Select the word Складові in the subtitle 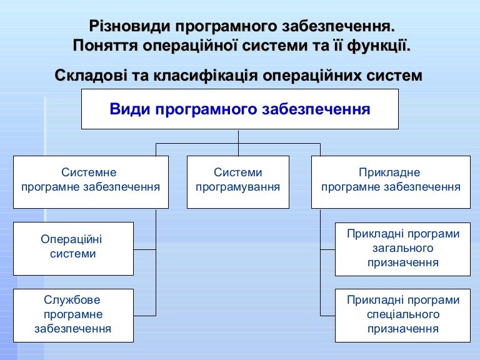click(x=91, y=75)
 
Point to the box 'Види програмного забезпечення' click(x=240, y=109)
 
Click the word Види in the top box click(x=130, y=109)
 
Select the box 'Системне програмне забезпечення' click(x=91, y=182)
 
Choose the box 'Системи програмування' click(x=238, y=182)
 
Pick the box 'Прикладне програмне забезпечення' click(x=391, y=182)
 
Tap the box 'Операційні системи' click(x=74, y=249)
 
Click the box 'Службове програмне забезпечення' click(x=74, y=316)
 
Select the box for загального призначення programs click(x=403, y=249)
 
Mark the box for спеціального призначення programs click(x=403, y=316)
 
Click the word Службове click(x=72, y=300)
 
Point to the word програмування click(x=238, y=187)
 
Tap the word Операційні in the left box click(x=71, y=239)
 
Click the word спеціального click(x=403, y=314)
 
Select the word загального click(x=403, y=248)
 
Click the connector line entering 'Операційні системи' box click(x=145, y=249)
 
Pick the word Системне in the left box click(x=89, y=172)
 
